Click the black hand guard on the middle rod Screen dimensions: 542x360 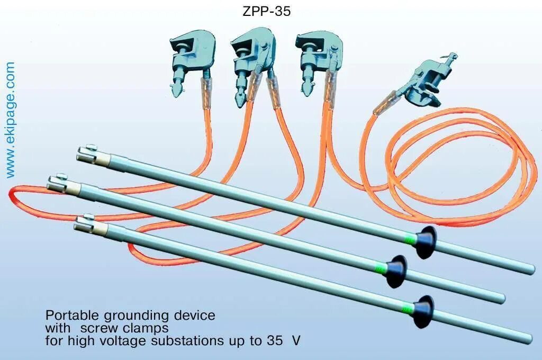pyautogui.click(x=396, y=271)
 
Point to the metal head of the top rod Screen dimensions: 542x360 pyautogui.click(x=88, y=154)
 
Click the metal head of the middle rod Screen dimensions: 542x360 pyautogui.click(x=58, y=183)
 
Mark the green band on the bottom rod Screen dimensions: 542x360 pyautogui.click(x=408, y=307)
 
